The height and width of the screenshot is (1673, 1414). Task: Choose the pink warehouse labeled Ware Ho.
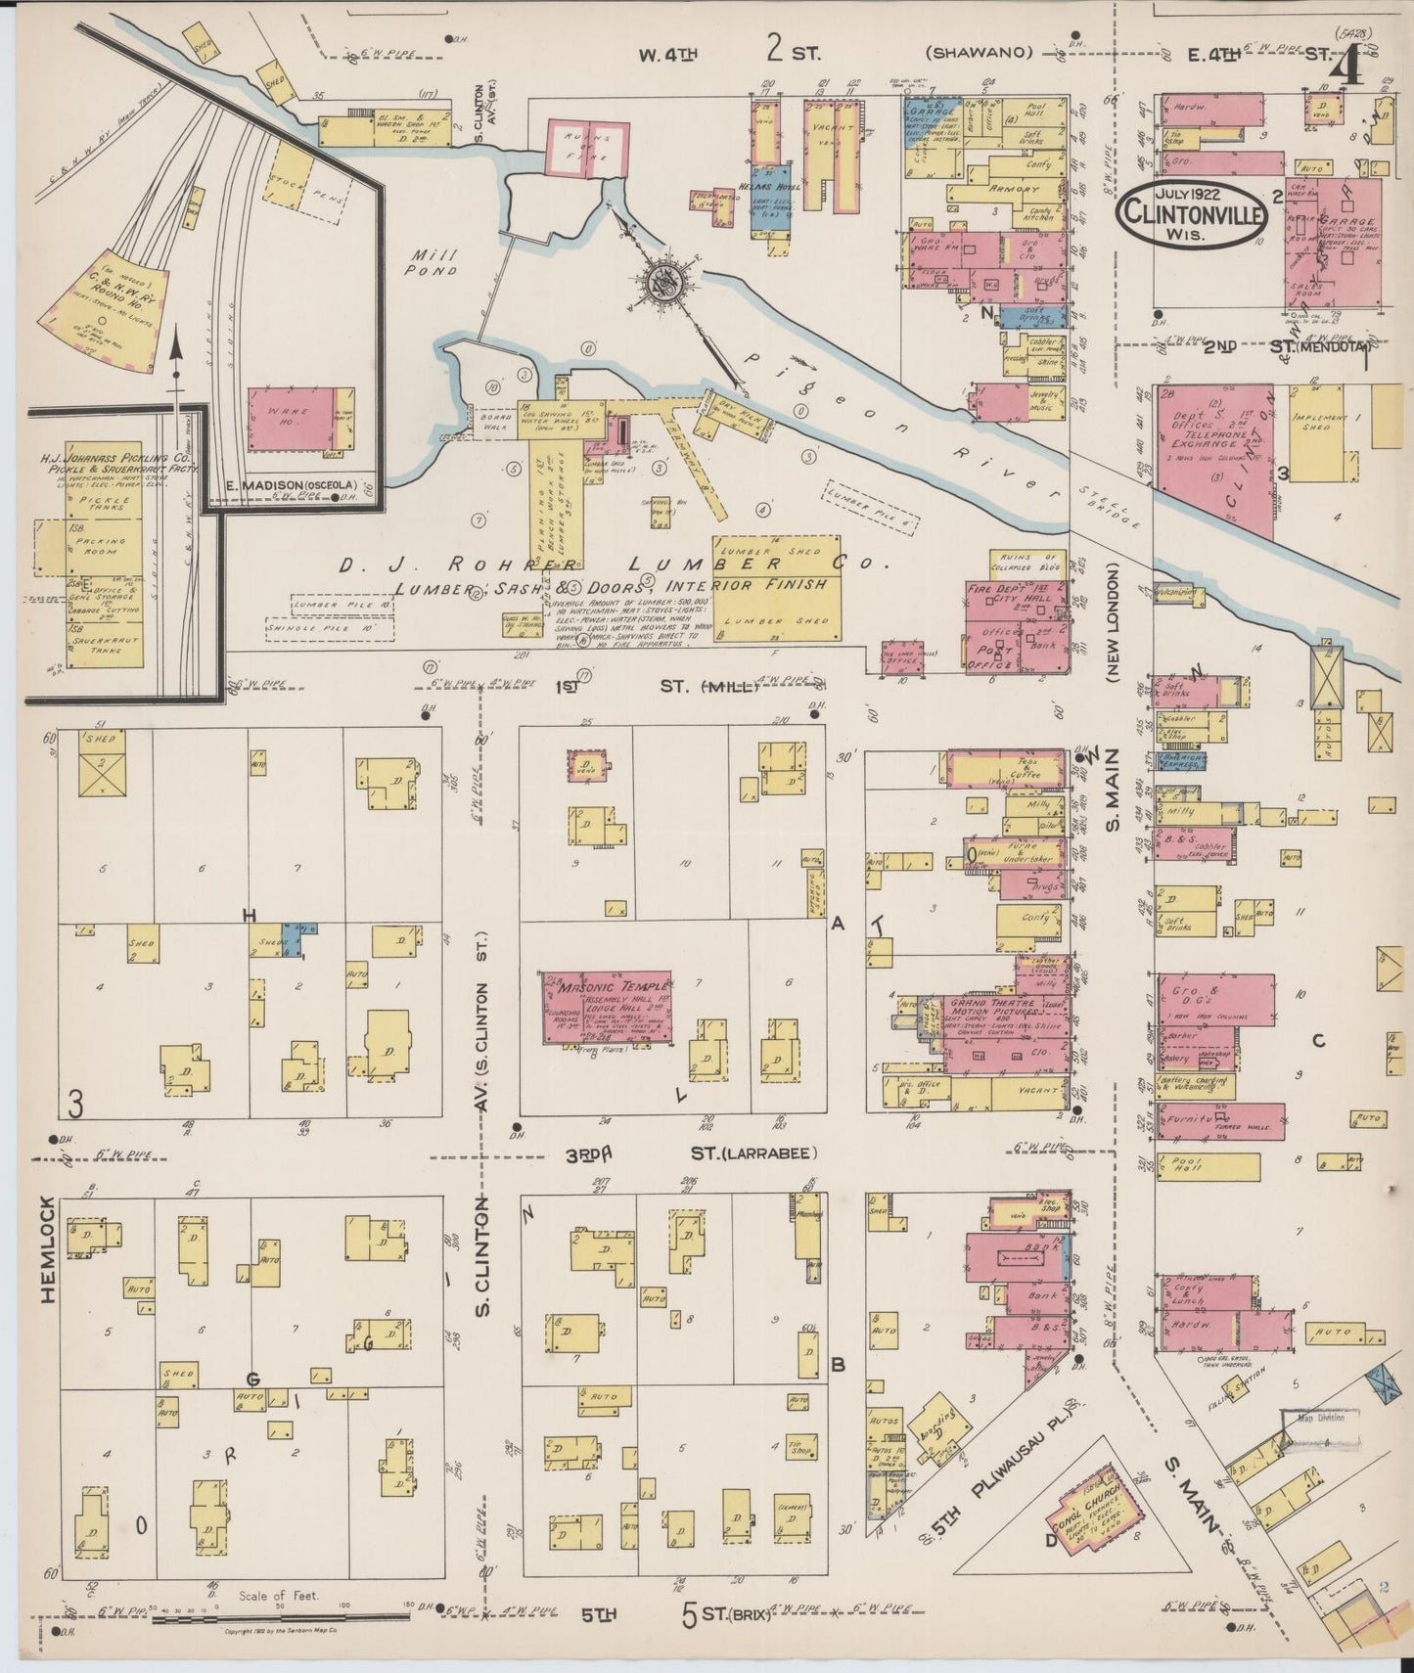(292, 419)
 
